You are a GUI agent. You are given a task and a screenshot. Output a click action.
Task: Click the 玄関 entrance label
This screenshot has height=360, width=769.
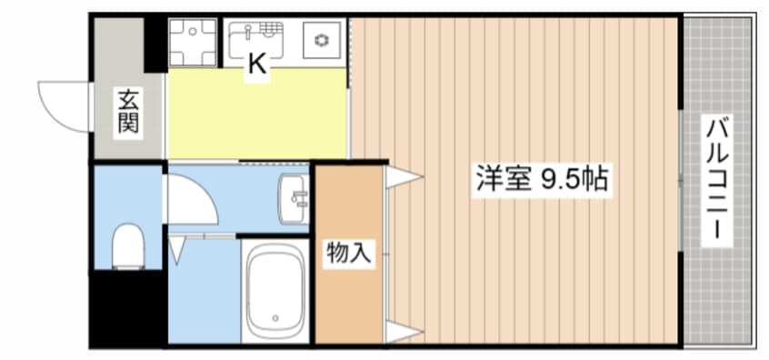pos(128,113)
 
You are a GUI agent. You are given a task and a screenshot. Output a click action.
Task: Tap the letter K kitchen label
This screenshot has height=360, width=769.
pos(257,64)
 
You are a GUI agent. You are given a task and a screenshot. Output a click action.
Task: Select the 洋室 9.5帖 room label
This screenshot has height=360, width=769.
pos(543,180)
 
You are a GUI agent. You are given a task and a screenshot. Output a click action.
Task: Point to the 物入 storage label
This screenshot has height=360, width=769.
pos(349,254)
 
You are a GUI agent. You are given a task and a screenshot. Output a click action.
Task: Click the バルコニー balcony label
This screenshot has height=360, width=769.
pos(716,180)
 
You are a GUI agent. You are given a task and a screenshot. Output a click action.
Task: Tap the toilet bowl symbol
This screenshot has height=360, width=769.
pos(128,246)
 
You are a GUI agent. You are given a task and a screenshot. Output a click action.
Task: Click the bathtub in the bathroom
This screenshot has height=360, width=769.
pos(275,291)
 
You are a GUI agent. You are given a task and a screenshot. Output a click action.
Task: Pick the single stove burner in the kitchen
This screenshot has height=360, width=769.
pos(322,40)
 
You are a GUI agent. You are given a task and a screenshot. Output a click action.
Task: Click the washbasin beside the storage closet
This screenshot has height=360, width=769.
pos(295,198)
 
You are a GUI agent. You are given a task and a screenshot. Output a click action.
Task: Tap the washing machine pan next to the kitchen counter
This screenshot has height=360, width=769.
pos(193,42)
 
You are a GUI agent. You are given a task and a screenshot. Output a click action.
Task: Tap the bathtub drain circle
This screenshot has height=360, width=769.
pos(275,317)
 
